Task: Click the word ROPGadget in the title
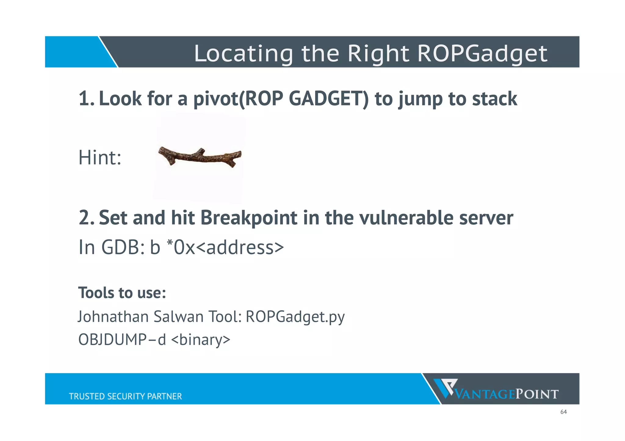482,54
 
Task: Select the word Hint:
100,158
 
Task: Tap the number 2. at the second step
87,218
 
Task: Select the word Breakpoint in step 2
249,218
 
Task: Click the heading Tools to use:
122,293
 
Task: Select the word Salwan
178,317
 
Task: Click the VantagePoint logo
496,389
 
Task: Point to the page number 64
563,412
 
